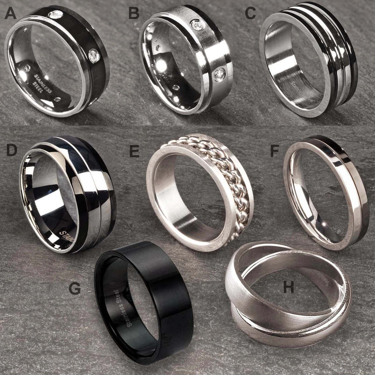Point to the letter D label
[11, 150]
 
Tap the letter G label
[74, 289]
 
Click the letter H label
[289, 288]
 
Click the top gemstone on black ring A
[55, 14]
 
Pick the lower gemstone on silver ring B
[220, 74]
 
